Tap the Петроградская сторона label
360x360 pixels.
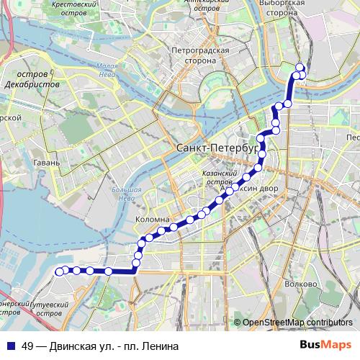click(200, 55)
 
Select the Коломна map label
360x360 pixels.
click(152, 219)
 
